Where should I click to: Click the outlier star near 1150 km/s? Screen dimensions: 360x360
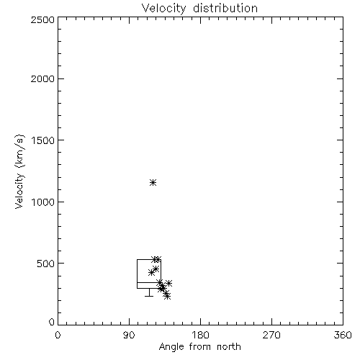pyautogui.click(x=153, y=183)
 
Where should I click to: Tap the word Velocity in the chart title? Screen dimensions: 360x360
pyautogui.click(x=163, y=8)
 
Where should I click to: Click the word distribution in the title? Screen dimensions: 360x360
pyautogui.click(x=225, y=8)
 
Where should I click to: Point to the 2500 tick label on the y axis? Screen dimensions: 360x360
pyautogui.click(x=42, y=19)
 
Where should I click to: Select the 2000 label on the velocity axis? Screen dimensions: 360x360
pyautogui.click(x=42, y=78)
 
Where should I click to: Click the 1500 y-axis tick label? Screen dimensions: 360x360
pyautogui.click(x=43, y=140)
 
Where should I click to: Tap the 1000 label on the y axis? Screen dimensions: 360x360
pyautogui.click(x=43, y=202)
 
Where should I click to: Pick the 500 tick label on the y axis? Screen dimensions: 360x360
pyautogui.click(x=46, y=264)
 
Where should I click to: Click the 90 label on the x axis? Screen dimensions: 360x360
pyautogui.click(x=129, y=335)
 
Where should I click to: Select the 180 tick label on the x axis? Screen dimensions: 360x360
pyautogui.click(x=200, y=335)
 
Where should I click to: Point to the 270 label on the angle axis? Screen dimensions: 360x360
pyautogui.click(x=271, y=335)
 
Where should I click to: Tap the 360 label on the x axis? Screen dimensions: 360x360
pyautogui.click(x=343, y=335)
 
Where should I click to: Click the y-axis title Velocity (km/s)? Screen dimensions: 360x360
pyautogui.click(x=19, y=171)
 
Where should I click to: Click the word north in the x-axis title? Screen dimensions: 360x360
pyautogui.click(x=229, y=347)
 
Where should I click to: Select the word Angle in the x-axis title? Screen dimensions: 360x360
pyautogui.click(x=171, y=347)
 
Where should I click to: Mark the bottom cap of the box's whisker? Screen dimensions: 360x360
pyautogui.click(x=149, y=296)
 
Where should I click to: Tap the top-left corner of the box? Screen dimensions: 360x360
pyautogui.click(x=137, y=259)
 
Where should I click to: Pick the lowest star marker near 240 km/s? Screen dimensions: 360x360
pyautogui.click(x=167, y=297)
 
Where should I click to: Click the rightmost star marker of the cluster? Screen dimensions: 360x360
pyautogui.click(x=168, y=284)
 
